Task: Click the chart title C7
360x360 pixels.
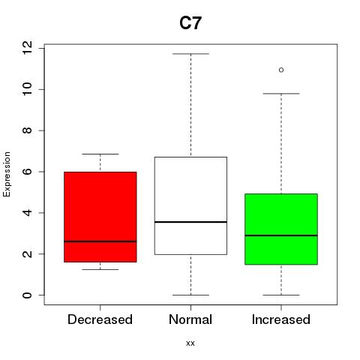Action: point(190,23)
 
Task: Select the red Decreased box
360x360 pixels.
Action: point(100,217)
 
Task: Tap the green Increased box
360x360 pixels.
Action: point(281,229)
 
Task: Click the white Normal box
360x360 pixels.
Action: point(190,205)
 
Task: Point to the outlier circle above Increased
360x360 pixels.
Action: point(281,70)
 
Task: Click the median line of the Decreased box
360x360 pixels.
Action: point(100,241)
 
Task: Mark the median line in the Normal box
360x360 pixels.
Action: point(190,222)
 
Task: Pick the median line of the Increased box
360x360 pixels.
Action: point(281,235)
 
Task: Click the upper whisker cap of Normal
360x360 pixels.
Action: point(190,54)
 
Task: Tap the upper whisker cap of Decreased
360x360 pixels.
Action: point(100,154)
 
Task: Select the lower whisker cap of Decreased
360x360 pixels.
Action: point(100,269)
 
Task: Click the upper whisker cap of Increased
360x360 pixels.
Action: point(281,94)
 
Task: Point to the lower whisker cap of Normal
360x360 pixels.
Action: point(190,295)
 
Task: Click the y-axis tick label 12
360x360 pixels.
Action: point(27,48)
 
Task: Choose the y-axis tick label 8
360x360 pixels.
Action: point(27,130)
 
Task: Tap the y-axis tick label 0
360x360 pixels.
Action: point(27,295)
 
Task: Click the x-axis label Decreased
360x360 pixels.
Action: point(100,319)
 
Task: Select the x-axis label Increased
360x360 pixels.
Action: point(281,319)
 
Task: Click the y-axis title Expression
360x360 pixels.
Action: point(7,174)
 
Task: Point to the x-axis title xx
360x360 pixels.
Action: point(190,343)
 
